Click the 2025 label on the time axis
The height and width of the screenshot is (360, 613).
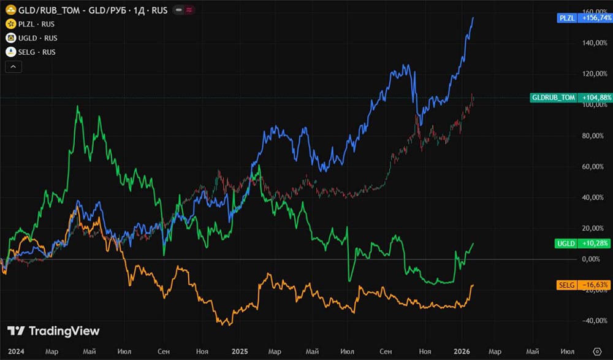point(240,351)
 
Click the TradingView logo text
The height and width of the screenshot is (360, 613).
point(53,331)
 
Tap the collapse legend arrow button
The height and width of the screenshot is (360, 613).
point(12,66)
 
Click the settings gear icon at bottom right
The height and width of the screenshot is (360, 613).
point(598,351)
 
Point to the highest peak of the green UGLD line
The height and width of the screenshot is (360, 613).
point(77,106)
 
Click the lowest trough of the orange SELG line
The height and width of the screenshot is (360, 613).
point(227,324)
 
